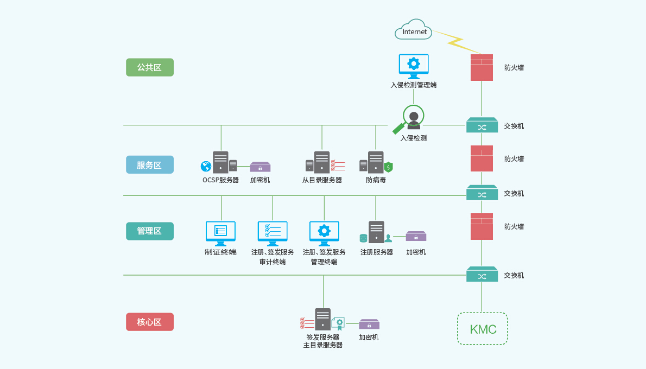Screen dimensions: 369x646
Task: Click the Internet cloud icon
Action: click(414, 30)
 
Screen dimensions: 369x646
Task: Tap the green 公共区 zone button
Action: click(150, 67)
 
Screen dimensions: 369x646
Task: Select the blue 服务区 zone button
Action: click(150, 165)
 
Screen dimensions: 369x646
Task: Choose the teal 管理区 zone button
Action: click(150, 231)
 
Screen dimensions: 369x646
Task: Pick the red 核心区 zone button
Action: click(150, 322)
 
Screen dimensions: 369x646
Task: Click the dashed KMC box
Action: click(482, 329)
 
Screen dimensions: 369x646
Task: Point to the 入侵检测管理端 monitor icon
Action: click(414, 66)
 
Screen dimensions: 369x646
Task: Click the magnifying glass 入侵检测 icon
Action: click(413, 119)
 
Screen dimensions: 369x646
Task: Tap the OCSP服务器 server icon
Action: click(220, 162)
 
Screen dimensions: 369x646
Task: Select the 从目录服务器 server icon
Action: click(322, 162)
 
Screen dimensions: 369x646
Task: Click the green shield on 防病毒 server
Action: click(388, 167)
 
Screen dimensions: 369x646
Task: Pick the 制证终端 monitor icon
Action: click(220, 233)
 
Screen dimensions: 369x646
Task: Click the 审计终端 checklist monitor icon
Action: click(273, 233)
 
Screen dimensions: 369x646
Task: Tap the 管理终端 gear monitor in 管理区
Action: click(324, 233)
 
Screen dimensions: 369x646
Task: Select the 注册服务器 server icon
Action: click(376, 232)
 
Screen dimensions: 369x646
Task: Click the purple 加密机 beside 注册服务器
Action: click(416, 236)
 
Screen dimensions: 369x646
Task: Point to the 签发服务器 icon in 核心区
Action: click(322, 320)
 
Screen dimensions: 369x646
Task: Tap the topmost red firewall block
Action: click(482, 67)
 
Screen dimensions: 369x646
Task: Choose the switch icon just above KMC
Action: click(482, 275)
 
